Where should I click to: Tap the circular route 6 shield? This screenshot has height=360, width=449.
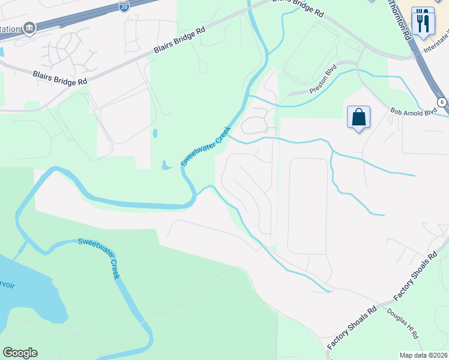(442, 102)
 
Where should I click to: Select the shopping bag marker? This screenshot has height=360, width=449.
(358, 117)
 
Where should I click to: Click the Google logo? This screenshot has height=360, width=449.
(20, 353)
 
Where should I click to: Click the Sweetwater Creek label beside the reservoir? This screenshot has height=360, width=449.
(100, 258)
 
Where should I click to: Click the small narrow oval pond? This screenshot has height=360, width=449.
(155, 133)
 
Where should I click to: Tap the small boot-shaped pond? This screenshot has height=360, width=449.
(164, 164)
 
